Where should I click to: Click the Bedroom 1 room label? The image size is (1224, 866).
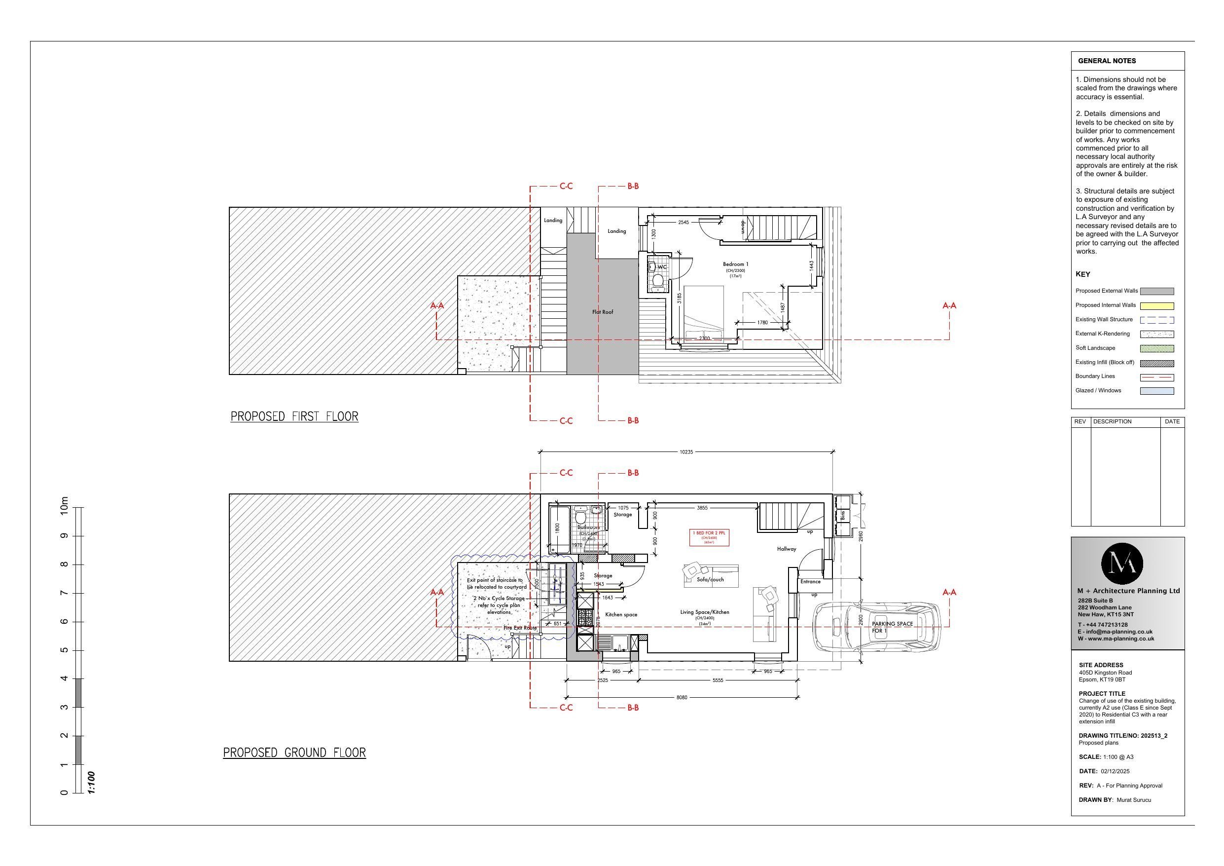pyautogui.click(x=735, y=264)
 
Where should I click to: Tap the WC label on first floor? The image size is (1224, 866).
pyautogui.click(x=662, y=267)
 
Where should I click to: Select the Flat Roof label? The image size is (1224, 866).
pyautogui.click(x=603, y=311)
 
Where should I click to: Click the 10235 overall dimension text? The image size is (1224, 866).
pyautogui.click(x=686, y=452)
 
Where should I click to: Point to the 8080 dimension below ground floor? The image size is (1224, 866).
pyautogui.click(x=682, y=697)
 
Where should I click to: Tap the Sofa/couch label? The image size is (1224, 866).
pyautogui.click(x=710, y=579)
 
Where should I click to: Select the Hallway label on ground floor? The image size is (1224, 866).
pyautogui.click(x=786, y=549)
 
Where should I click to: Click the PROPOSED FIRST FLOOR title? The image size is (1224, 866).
pyautogui.click(x=294, y=417)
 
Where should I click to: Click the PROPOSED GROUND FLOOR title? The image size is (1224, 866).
pyautogui.click(x=294, y=753)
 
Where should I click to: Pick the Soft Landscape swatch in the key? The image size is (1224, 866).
pyautogui.click(x=1156, y=348)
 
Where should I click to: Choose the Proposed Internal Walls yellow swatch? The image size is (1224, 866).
pyautogui.click(x=1156, y=306)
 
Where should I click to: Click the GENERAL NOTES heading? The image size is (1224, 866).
pyautogui.click(x=1107, y=61)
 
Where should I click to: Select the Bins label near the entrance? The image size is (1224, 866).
pyautogui.click(x=843, y=516)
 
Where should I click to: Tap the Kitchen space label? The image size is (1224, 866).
pyautogui.click(x=621, y=615)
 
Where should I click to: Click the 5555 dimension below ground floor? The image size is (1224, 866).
pyautogui.click(x=717, y=680)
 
